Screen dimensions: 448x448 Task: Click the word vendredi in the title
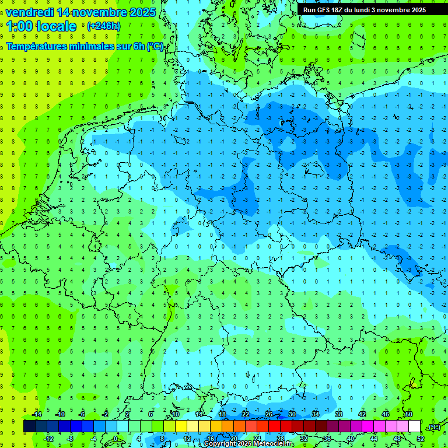30,12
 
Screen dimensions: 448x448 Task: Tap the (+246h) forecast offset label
103,26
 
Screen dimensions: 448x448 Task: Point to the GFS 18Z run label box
364,10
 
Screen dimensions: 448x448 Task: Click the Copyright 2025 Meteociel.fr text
249,444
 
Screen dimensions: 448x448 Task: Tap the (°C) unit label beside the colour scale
434,427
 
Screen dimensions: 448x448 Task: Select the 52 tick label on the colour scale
421,439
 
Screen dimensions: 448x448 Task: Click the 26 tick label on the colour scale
269,414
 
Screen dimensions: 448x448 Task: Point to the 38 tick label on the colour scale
339,414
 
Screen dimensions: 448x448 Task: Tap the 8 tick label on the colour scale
162,439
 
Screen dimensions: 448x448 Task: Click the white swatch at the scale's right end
414,426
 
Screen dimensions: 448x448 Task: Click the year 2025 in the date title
143,12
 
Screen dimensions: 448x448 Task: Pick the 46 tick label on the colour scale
386,414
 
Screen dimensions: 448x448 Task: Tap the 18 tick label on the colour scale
222,414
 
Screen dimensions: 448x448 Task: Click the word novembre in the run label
392,10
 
